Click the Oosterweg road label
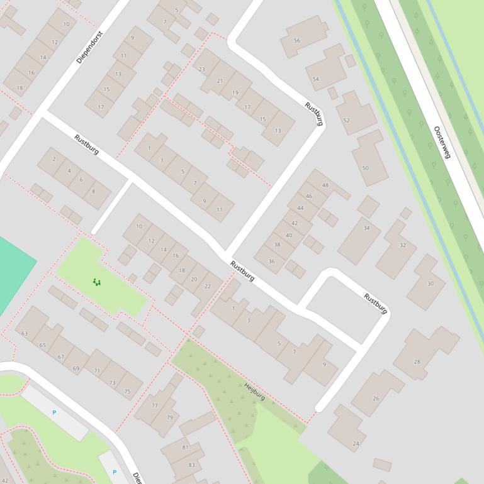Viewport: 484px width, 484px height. [x=442, y=143]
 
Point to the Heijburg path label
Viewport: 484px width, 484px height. [x=254, y=392]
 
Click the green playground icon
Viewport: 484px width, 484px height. [x=96, y=282]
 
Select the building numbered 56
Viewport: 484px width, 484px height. [x=297, y=40]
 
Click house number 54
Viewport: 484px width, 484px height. [x=316, y=79]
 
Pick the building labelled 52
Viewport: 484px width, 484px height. [x=347, y=120]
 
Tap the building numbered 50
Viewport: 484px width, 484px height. [x=366, y=168]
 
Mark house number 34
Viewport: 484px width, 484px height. [x=366, y=228]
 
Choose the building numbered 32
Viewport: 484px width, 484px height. [x=402, y=245]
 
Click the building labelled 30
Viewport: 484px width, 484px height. [x=430, y=283]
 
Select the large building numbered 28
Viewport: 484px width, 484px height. [x=417, y=361]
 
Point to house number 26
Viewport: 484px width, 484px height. [x=376, y=398]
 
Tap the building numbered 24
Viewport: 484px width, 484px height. [x=356, y=443]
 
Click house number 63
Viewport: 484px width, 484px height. [x=25, y=333]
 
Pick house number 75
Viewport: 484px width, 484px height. [x=128, y=391]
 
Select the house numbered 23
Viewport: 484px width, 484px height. [x=202, y=69]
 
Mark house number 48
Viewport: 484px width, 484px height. [x=325, y=185]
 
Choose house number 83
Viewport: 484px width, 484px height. [x=191, y=465]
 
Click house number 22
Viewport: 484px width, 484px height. [x=207, y=287]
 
